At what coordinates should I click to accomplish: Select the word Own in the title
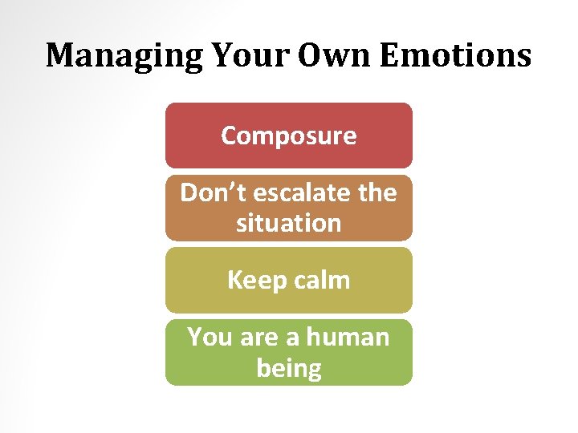(x=327, y=56)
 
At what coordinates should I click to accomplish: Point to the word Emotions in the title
(x=455, y=56)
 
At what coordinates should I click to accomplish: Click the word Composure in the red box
(x=288, y=136)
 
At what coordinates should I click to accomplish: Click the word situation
(x=288, y=223)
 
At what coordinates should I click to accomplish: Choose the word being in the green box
(x=288, y=368)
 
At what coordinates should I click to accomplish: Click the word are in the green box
(x=258, y=337)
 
